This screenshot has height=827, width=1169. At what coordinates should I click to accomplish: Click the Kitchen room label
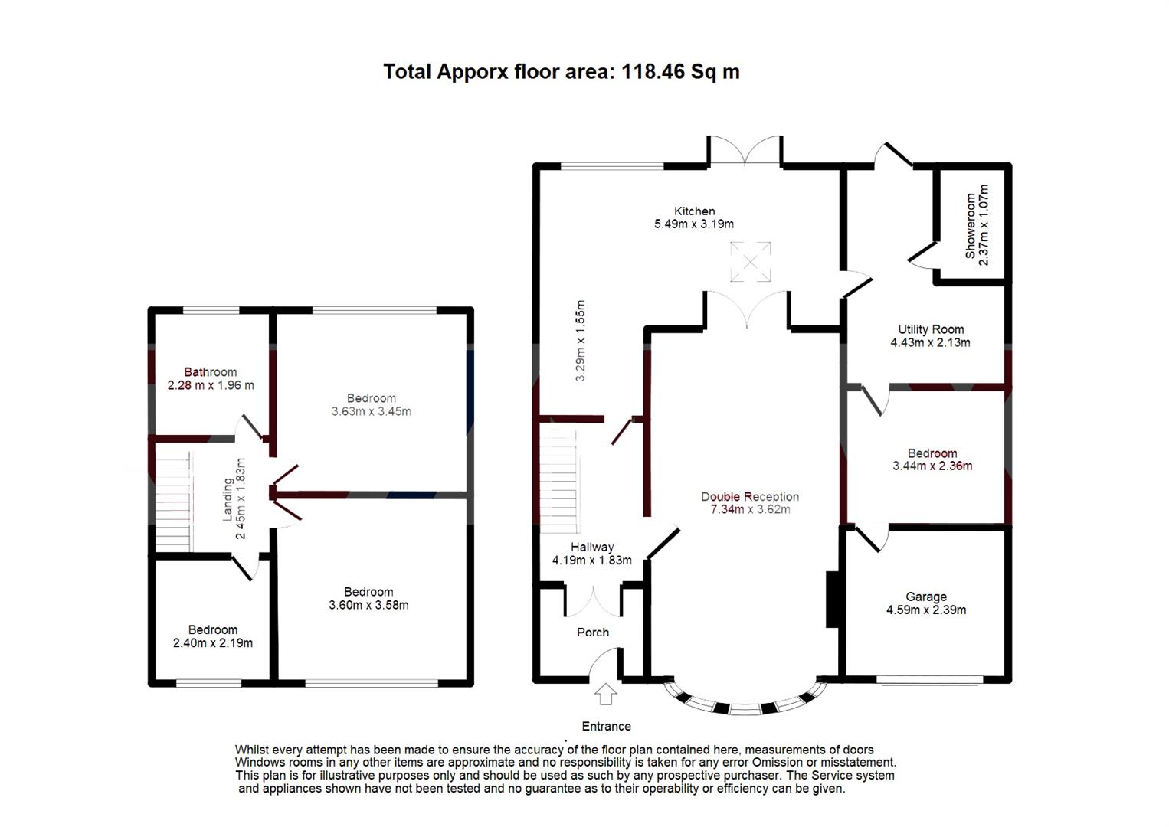(694, 211)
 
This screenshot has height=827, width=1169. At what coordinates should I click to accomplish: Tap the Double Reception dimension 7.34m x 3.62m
(750, 509)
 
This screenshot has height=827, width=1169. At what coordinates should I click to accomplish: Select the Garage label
(925, 597)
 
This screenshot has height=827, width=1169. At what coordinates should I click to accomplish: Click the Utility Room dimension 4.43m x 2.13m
(930, 343)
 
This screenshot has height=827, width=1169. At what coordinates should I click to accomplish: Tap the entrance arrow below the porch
(606, 694)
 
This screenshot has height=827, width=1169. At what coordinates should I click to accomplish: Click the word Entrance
(606, 726)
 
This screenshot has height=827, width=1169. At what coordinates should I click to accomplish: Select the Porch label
(593, 633)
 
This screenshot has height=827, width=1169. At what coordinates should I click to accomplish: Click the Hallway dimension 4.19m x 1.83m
(591, 561)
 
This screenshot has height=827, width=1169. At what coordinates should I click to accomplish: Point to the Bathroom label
(211, 372)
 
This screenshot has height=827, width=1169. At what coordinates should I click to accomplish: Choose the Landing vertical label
(228, 499)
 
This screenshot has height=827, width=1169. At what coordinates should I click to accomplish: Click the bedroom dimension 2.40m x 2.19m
(213, 643)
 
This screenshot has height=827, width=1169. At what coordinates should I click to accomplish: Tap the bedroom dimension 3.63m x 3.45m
(371, 411)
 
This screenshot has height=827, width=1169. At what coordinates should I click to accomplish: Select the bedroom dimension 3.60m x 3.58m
(368, 605)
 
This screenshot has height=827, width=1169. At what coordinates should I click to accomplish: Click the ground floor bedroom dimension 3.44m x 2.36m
(932, 466)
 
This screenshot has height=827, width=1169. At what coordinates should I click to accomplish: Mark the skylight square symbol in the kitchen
(750, 262)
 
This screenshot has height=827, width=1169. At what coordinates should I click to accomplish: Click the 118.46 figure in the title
(653, 72)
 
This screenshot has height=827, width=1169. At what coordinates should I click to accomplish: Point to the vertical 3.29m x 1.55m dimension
(580, 341)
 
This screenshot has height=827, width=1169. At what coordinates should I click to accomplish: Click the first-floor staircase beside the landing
(173, 502)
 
